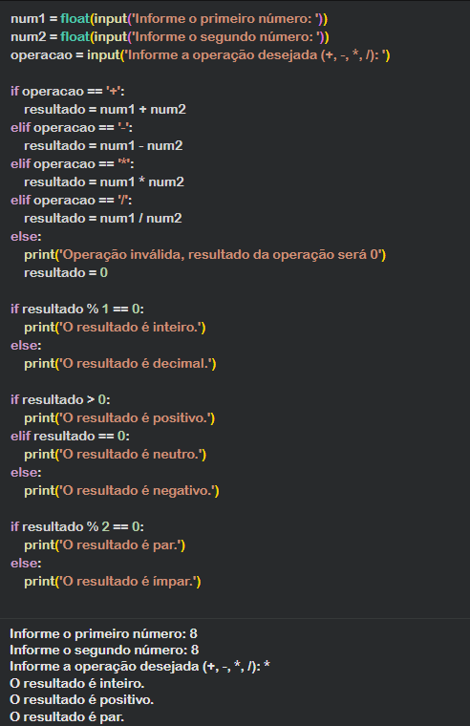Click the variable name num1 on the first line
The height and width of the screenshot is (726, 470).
click(x=28, y=18)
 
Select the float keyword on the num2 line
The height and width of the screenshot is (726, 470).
click(x=75, y=36)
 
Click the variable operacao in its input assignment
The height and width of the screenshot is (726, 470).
click(x=42, y=55)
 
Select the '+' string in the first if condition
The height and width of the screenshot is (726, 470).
click(x=114, y=91)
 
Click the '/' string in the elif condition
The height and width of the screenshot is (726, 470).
click(x=123, y=200)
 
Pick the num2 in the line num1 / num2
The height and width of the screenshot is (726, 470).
click(x=164, y=218)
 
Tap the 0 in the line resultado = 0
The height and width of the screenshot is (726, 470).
click(x=104, y=272)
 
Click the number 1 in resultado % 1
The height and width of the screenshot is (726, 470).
click(x=105, y=309)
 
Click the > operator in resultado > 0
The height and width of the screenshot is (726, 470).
click(x=91, y=399)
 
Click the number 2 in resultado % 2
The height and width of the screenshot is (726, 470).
click(x=106, y=527)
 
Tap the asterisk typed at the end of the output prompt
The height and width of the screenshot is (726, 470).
click(x=267, y=666)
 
